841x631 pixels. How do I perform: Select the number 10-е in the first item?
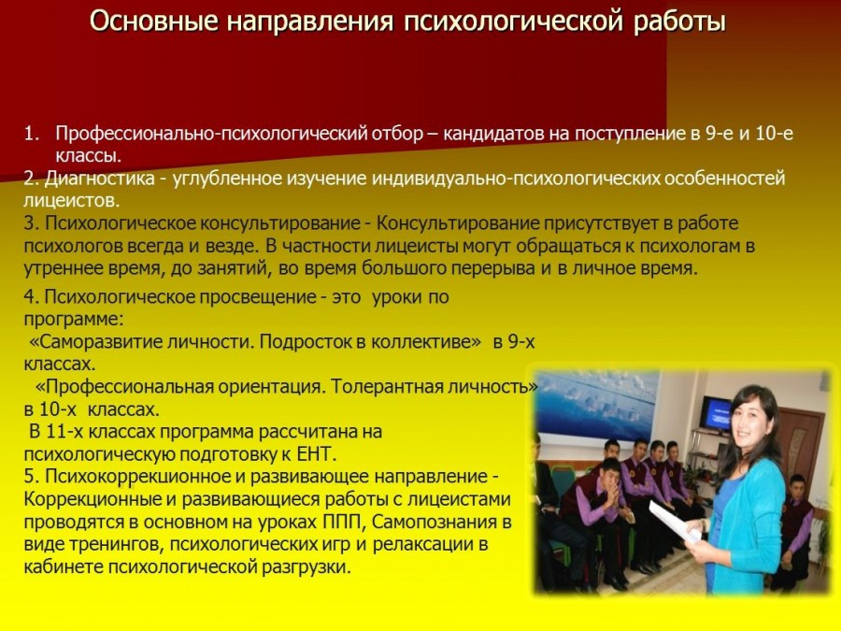click(x=774, y=133)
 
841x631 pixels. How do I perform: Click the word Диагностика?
click(x=99, y=179)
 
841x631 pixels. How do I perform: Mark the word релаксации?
click(x=423, y=544)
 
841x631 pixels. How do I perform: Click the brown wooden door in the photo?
click(x=803, y=445)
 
